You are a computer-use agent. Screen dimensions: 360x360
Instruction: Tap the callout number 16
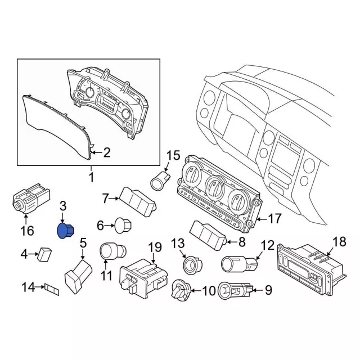pos(28,231)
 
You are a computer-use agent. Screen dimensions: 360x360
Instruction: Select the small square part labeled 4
pos(44,254)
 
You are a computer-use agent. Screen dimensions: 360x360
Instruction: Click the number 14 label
pos(28,287)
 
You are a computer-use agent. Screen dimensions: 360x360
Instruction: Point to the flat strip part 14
pos(52,290)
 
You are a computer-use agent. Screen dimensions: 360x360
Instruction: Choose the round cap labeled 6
pos(123,226)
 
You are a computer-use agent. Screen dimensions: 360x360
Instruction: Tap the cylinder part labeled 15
pos(160,182)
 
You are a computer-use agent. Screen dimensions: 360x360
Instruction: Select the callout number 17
pos(275,218)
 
